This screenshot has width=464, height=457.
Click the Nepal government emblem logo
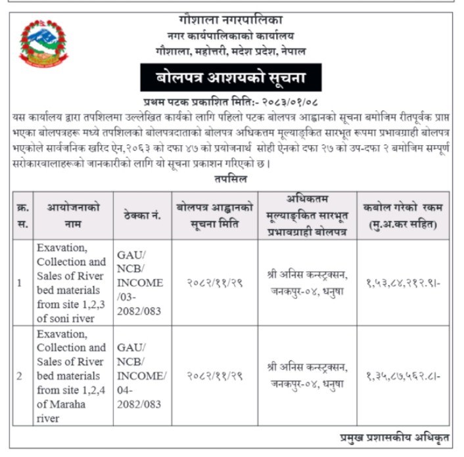coord(43,43)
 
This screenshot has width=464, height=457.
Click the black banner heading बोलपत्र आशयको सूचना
coord(231,79)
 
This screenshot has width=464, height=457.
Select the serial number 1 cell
coord(20,283)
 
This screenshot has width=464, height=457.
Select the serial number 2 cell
coord(20,376)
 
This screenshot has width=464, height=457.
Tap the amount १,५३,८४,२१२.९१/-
coord(402,283)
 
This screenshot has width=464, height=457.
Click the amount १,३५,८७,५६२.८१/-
coord(402,377)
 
